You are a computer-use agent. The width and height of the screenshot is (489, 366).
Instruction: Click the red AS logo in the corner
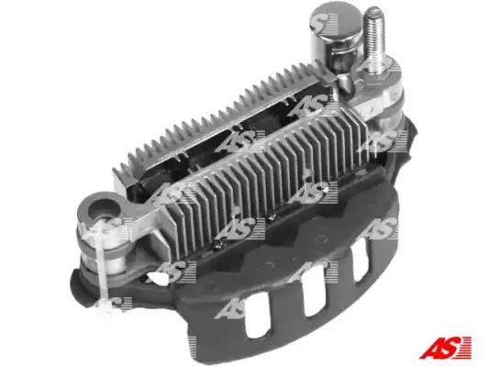coord(445,348)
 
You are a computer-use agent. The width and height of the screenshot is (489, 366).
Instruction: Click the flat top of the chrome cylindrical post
coord(337,22)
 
